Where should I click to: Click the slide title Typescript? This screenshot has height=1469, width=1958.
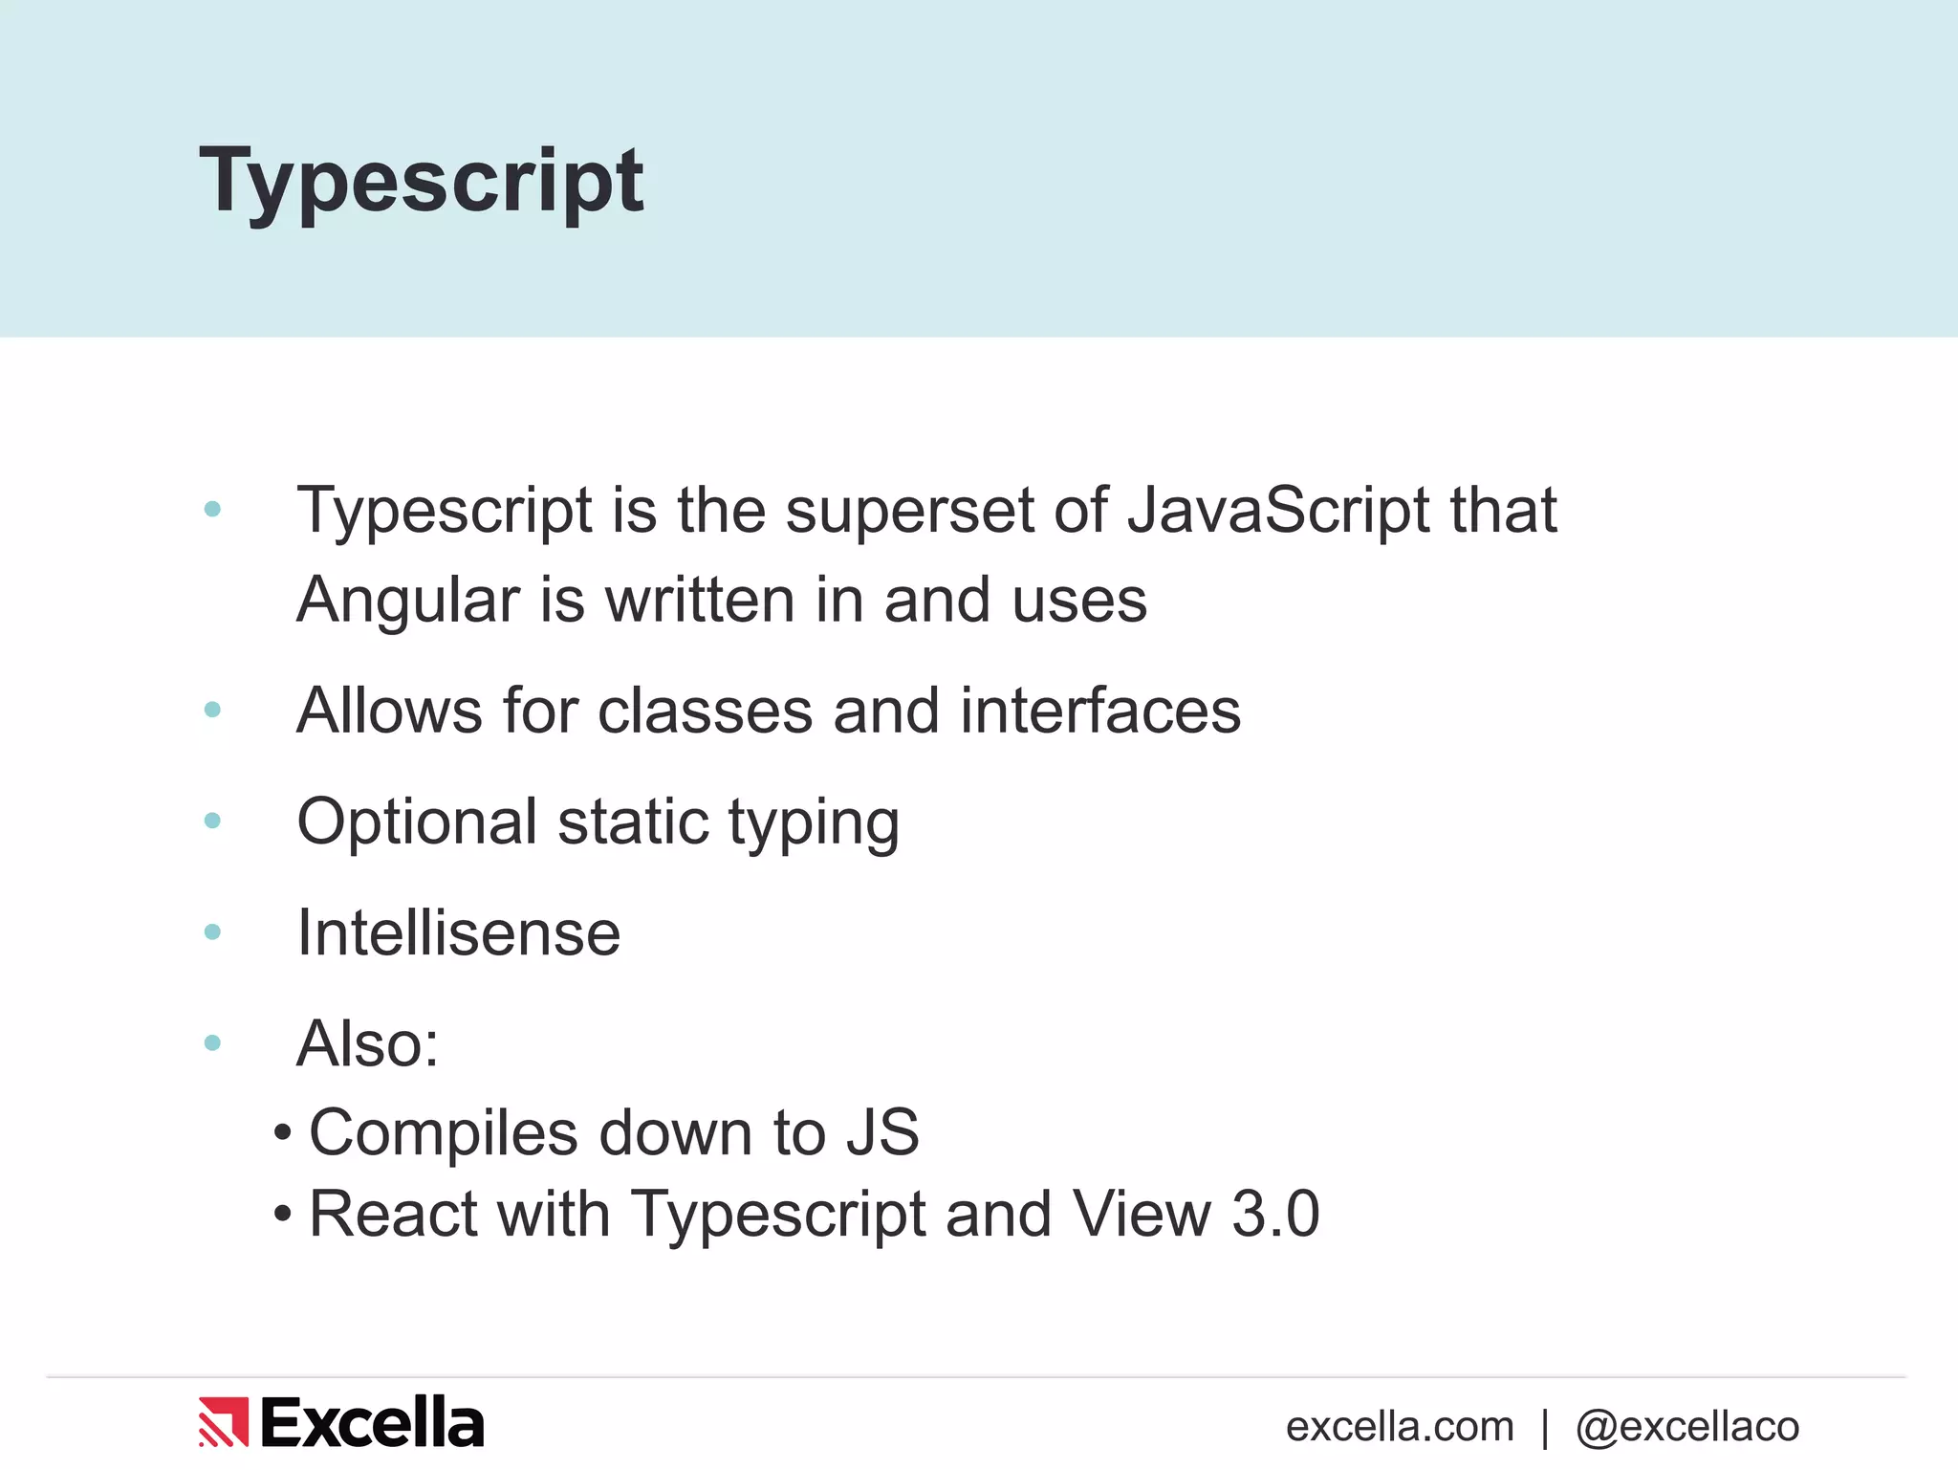[422, 182]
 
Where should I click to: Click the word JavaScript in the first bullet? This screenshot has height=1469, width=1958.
[1278, 510]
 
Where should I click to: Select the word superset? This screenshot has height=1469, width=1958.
[909, 510]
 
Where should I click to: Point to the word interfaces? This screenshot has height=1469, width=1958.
[1099, 711]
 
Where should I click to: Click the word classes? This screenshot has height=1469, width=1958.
[705, 711]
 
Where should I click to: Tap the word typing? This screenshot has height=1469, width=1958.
[814, 823]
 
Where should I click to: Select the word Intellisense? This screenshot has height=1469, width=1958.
[459, 932]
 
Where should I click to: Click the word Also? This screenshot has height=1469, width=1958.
[368, 1043]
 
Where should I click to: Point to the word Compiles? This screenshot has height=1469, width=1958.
[443, 1133]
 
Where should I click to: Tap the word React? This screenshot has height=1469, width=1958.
[392, 1214]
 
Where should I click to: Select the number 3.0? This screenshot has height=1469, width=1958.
[1275, 1214]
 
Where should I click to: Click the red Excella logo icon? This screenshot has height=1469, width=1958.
[224, 1422]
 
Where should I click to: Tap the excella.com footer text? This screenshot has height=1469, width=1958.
[1400, 1427]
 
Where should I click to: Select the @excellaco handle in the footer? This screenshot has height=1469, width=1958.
[1687, 1427]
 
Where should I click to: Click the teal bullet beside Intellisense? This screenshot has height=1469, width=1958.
[212, 932]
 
